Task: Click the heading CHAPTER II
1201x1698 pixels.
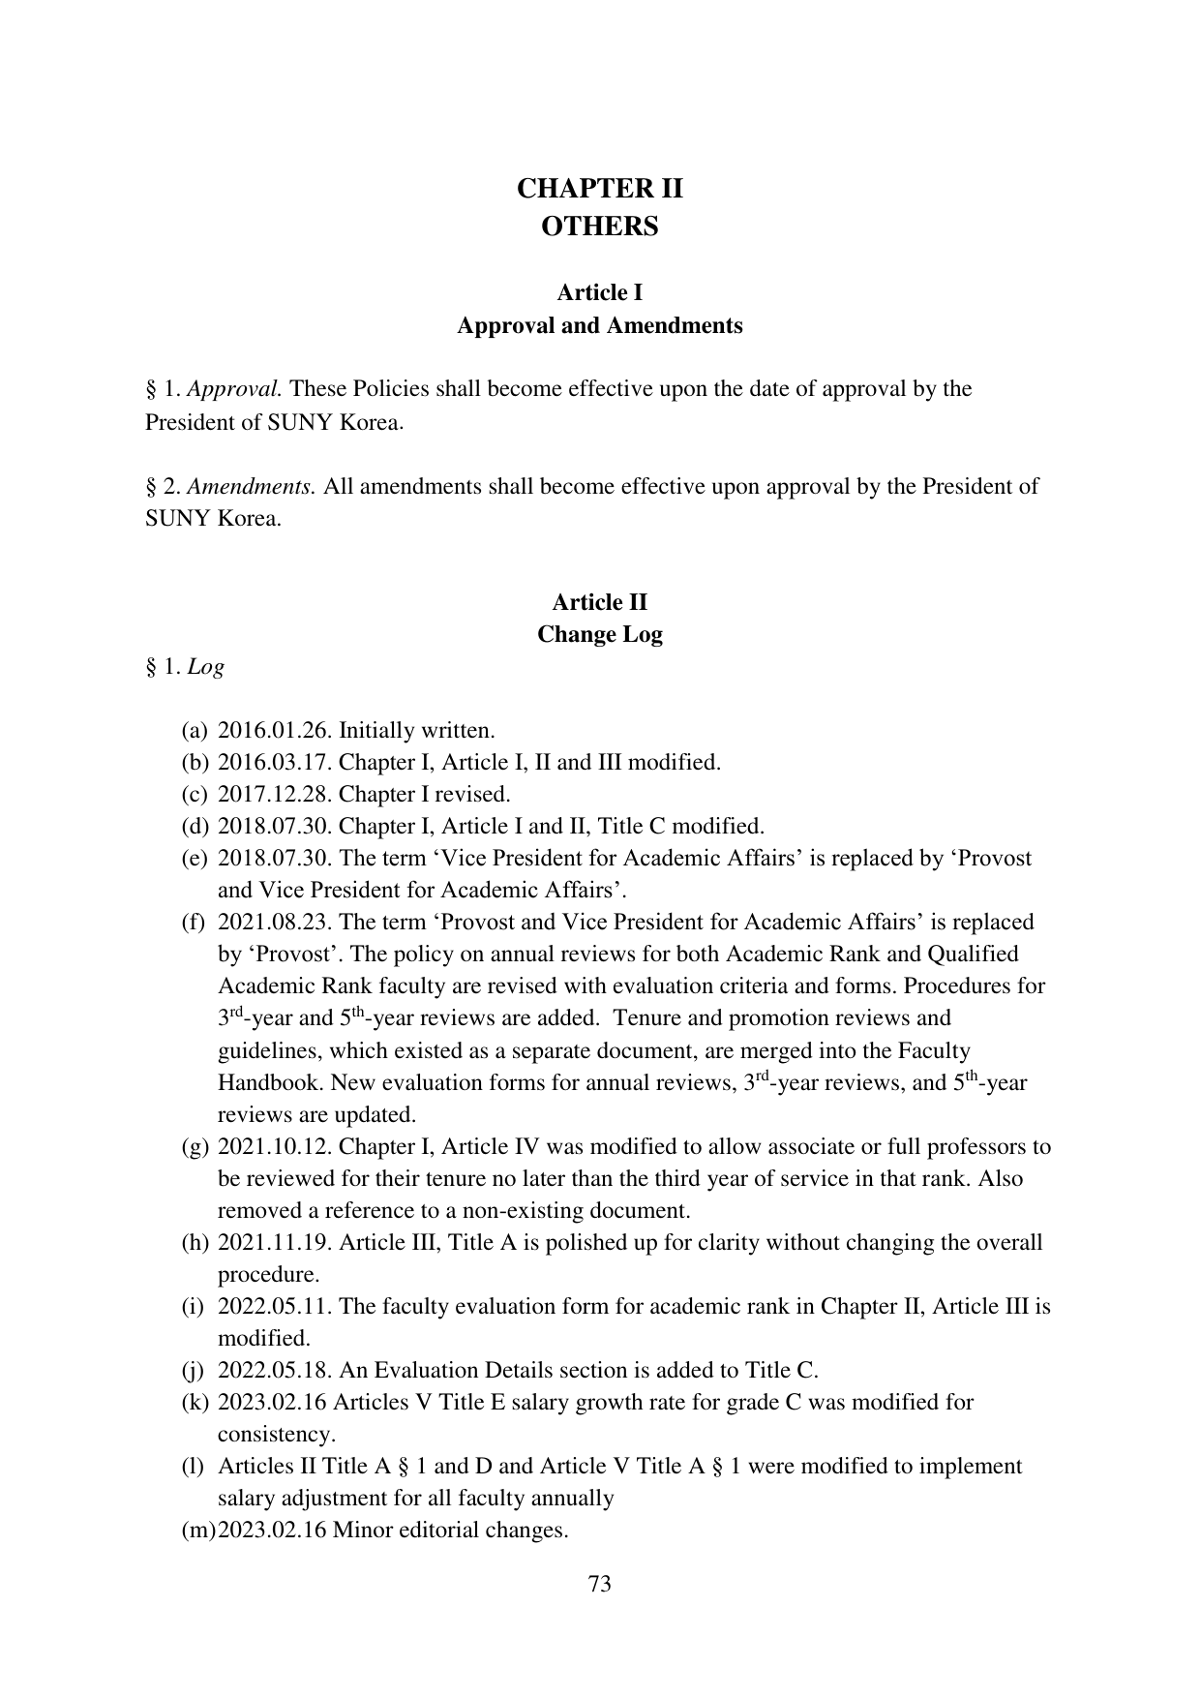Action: coord(599,189)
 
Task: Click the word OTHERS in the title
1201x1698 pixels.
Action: coord(599,227)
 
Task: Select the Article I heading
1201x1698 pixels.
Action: coord(599,292)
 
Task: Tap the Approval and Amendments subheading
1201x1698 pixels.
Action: coord(599,325)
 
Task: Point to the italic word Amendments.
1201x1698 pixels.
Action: coord(252,486)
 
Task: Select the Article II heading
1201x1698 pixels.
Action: coord(599,602)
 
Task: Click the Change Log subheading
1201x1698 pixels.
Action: coord(599,635)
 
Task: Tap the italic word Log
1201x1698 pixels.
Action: coord(205,667)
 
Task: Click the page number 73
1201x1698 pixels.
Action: coord(599,1584)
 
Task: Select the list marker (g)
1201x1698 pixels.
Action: coord(195,1147)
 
